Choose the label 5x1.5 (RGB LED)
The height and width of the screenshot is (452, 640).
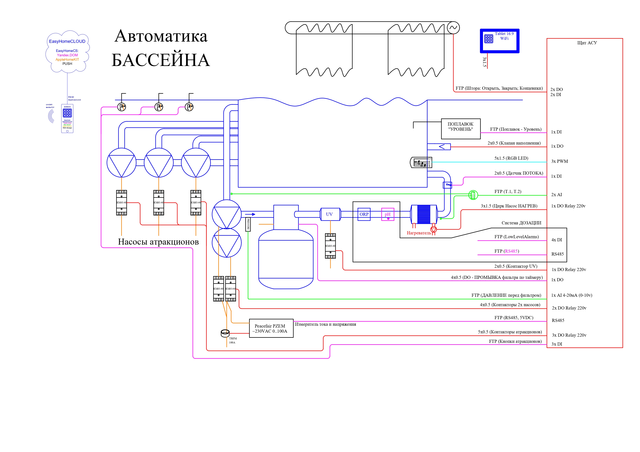click(511, 158)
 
